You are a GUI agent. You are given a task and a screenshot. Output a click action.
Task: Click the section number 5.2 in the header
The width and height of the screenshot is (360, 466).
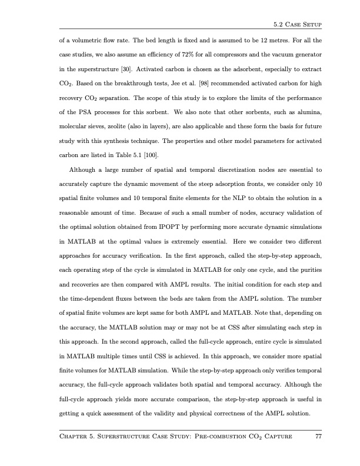279,24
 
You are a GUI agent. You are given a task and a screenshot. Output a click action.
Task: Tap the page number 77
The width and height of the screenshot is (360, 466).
318,436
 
